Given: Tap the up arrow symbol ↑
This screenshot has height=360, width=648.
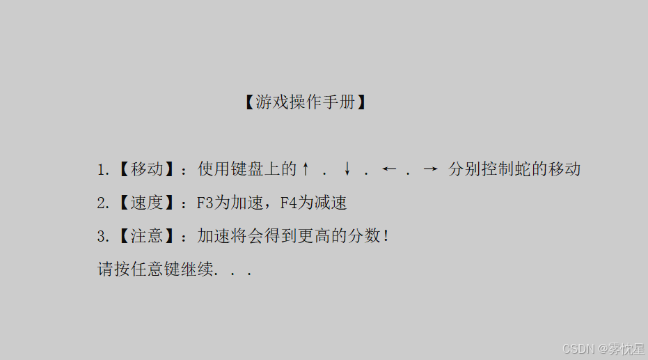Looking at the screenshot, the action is tap(305, 169).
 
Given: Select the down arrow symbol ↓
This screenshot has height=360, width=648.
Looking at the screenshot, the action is tap(347, 169).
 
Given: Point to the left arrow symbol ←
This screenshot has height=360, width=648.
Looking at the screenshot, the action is tap(389, 169).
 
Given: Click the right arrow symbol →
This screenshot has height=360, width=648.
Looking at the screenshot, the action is tap(431, 169).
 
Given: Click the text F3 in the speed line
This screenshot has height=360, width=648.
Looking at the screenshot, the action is tap(205, 203).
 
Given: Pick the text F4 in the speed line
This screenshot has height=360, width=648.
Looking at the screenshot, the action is tap(288, 203).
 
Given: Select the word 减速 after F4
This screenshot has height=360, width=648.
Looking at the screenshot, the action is tap(330, 203).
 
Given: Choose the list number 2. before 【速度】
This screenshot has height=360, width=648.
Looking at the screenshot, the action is tap(103, 203).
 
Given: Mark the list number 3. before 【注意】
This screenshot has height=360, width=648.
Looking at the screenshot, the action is tap(103, 237).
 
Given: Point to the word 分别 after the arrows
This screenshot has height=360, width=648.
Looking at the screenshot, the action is tap(464, 169).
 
